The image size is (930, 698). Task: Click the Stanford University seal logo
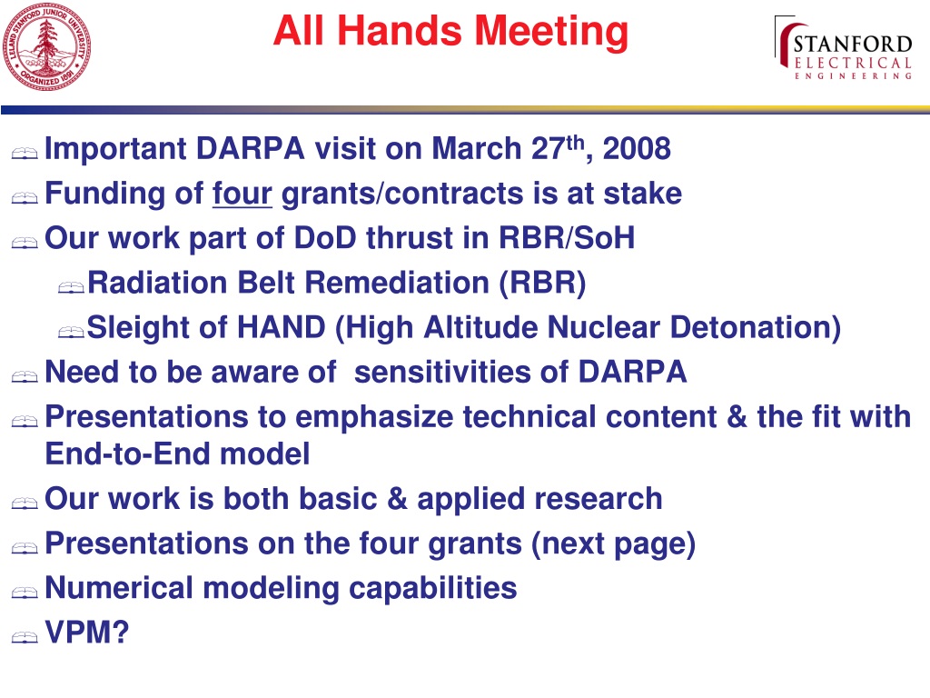(x=47, y=47)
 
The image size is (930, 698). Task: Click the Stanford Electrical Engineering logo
(x=844, y=48)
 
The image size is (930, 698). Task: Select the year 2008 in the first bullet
(x=637, y=148)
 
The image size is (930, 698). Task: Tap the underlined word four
(x=242, y=194)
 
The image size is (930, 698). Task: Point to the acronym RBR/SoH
(x=567, y=238)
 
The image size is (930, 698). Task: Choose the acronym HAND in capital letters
(x=282, y=327)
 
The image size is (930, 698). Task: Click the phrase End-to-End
(x=128, y=454)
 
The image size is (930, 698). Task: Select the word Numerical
(x=119, y=588)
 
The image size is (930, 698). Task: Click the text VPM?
(x=87, y=633)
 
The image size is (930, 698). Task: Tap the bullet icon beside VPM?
(x=25, y=637)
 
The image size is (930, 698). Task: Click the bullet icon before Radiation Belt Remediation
(x=71, y=287)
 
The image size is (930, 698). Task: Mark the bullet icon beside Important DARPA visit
(x=25, y=154)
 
